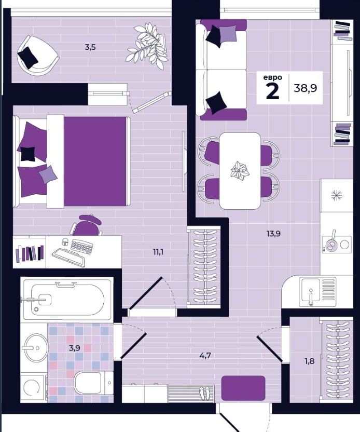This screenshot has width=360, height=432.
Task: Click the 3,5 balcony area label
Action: point(90,47)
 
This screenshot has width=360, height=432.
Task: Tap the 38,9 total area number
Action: point(306,88)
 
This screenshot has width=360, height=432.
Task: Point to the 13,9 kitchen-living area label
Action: point(273,234)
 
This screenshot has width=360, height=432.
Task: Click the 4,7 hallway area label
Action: point(205,355)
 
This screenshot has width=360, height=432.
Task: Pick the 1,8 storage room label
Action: point(309,361)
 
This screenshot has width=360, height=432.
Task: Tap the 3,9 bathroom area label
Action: point(74,348)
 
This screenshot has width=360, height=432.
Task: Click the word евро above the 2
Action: point(272,77)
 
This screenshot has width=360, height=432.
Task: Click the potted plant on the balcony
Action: point(148,46)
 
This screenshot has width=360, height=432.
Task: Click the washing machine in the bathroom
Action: point(33,387)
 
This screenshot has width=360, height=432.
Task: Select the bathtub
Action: point(67,299)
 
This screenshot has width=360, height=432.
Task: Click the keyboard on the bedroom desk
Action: point(82,247)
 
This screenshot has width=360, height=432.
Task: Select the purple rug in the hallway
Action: point(243,388)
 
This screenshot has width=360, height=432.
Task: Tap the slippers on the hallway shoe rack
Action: point(205,393)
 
